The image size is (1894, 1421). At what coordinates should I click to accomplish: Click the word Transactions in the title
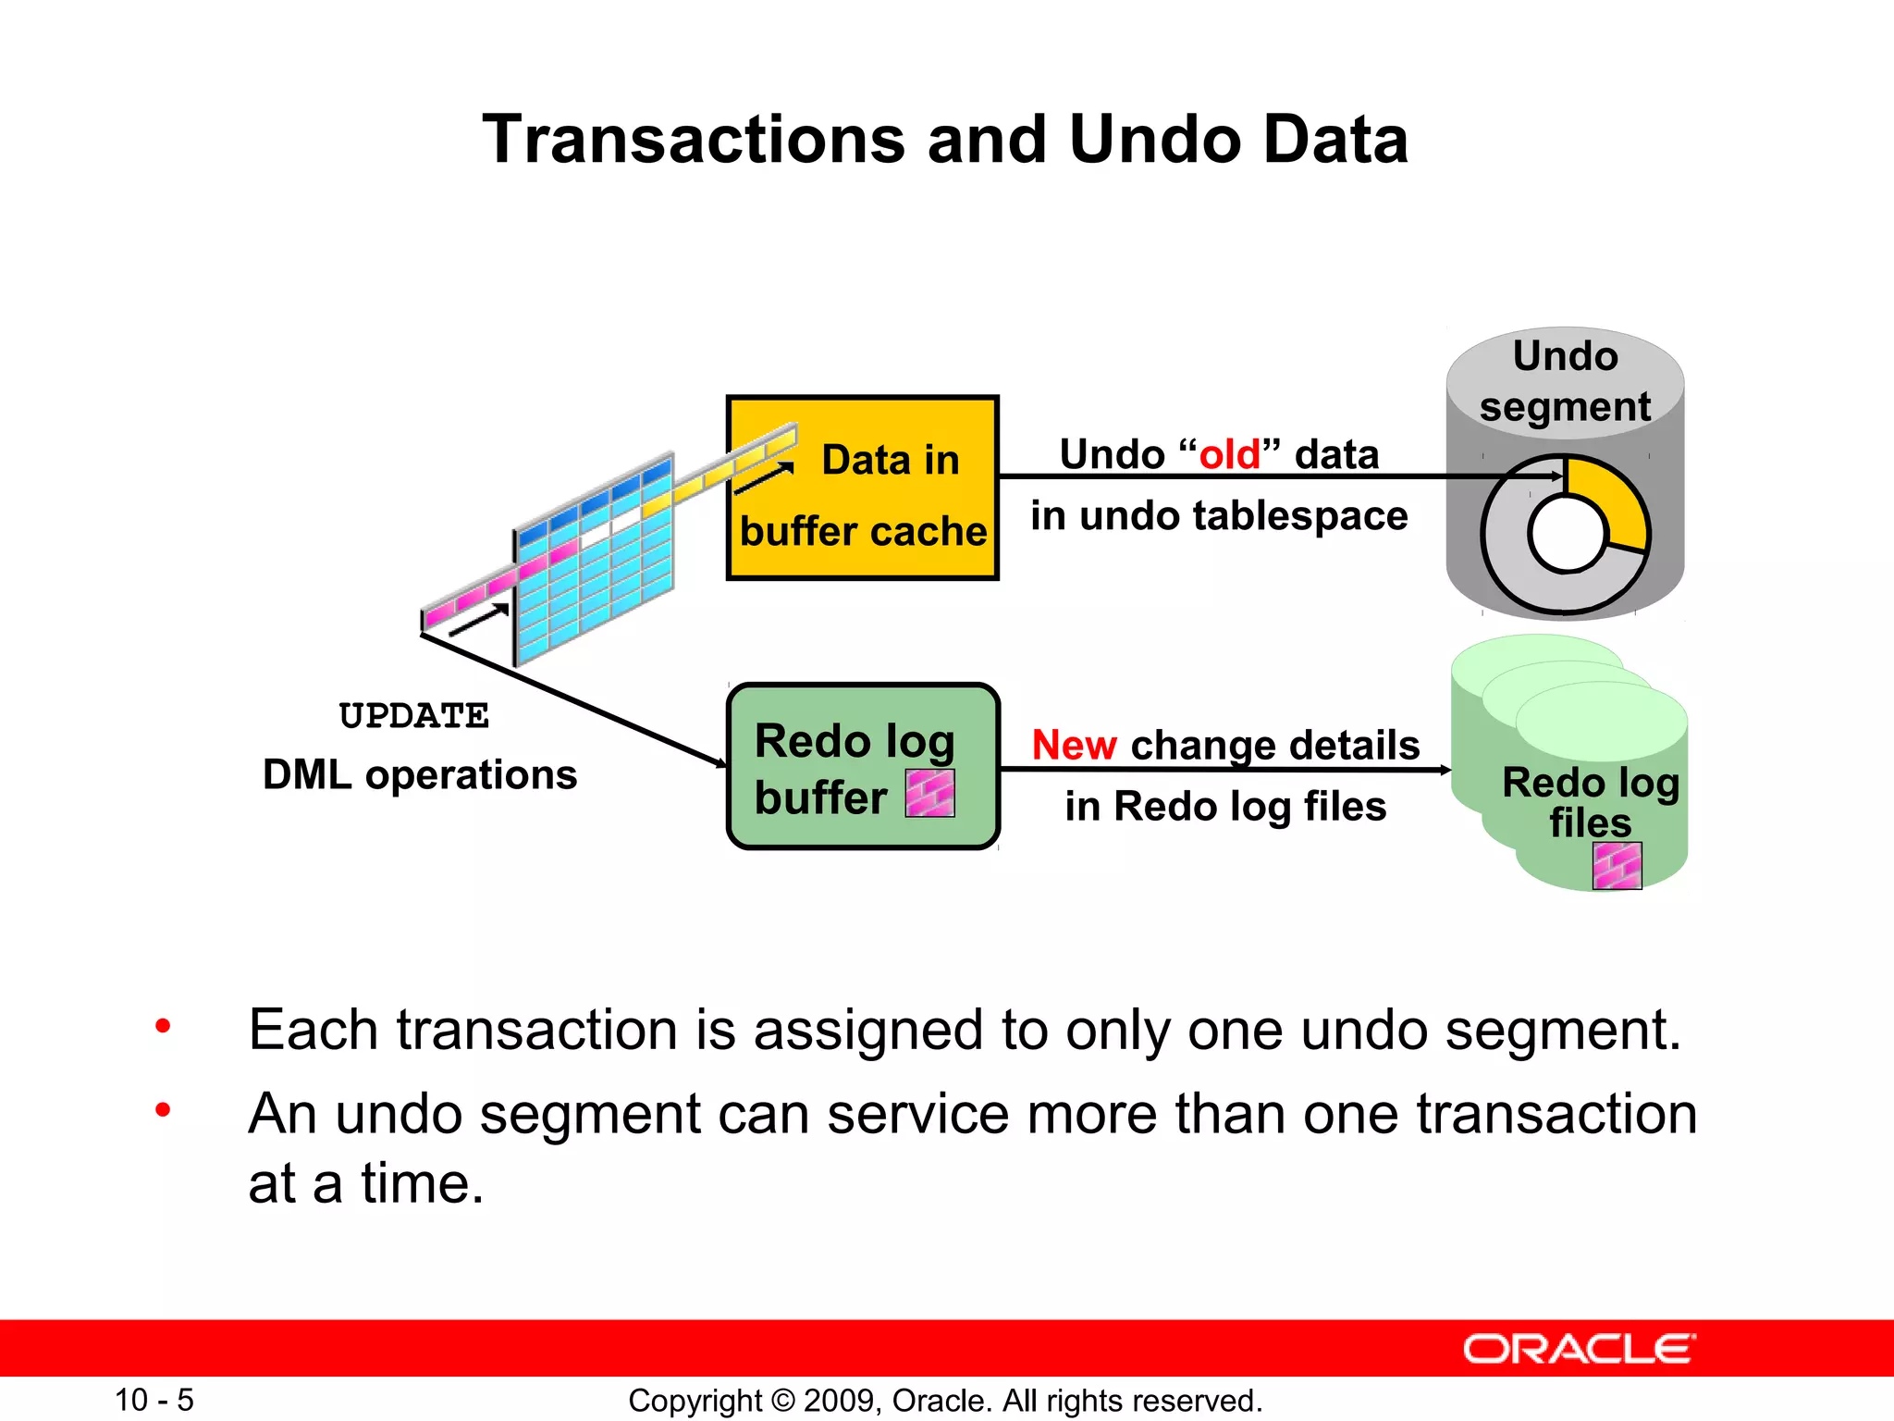pyautogui.click(x=694, y=141)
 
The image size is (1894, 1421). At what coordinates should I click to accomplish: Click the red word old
pyautogui.click(x=1229, y=455)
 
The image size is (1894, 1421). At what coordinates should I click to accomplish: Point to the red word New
pyautogui.click(x=1074, y=746)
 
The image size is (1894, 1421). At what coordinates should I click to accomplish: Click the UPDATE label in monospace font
pyautogui.click(x=413, y=716)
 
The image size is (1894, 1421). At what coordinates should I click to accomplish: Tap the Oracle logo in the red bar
pyautogui.click(x=1579, y=1349)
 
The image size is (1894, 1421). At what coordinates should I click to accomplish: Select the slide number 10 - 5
pyautogui.click(x=154, y=1400)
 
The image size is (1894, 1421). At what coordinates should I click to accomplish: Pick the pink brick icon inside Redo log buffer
pyautogui.click(x=929, y=794)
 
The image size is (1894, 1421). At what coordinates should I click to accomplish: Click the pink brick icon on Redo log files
pyautogui.click(x=1617, y=866)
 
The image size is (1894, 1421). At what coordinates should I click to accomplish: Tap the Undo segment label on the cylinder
pyautogui.click(x=1565, y=381)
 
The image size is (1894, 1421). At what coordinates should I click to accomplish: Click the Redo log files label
pyautogui.click(x=1591, y=801)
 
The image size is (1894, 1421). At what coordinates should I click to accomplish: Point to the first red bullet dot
pyautogui.click(x=163, y=1026)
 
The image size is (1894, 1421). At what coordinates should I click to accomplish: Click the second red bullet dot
pyautogui.click(x=163, y=1109)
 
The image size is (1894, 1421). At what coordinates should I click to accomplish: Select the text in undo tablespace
pyautogui.click(x=1219, y=515)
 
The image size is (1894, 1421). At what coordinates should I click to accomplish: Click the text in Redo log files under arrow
pyautogui.click(x=1225, y=806)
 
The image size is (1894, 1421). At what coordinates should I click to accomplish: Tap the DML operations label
pyautogui.click(x=420, y=774)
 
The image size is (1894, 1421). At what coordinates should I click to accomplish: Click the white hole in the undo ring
pyautogui.click(x=1568, y=535)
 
